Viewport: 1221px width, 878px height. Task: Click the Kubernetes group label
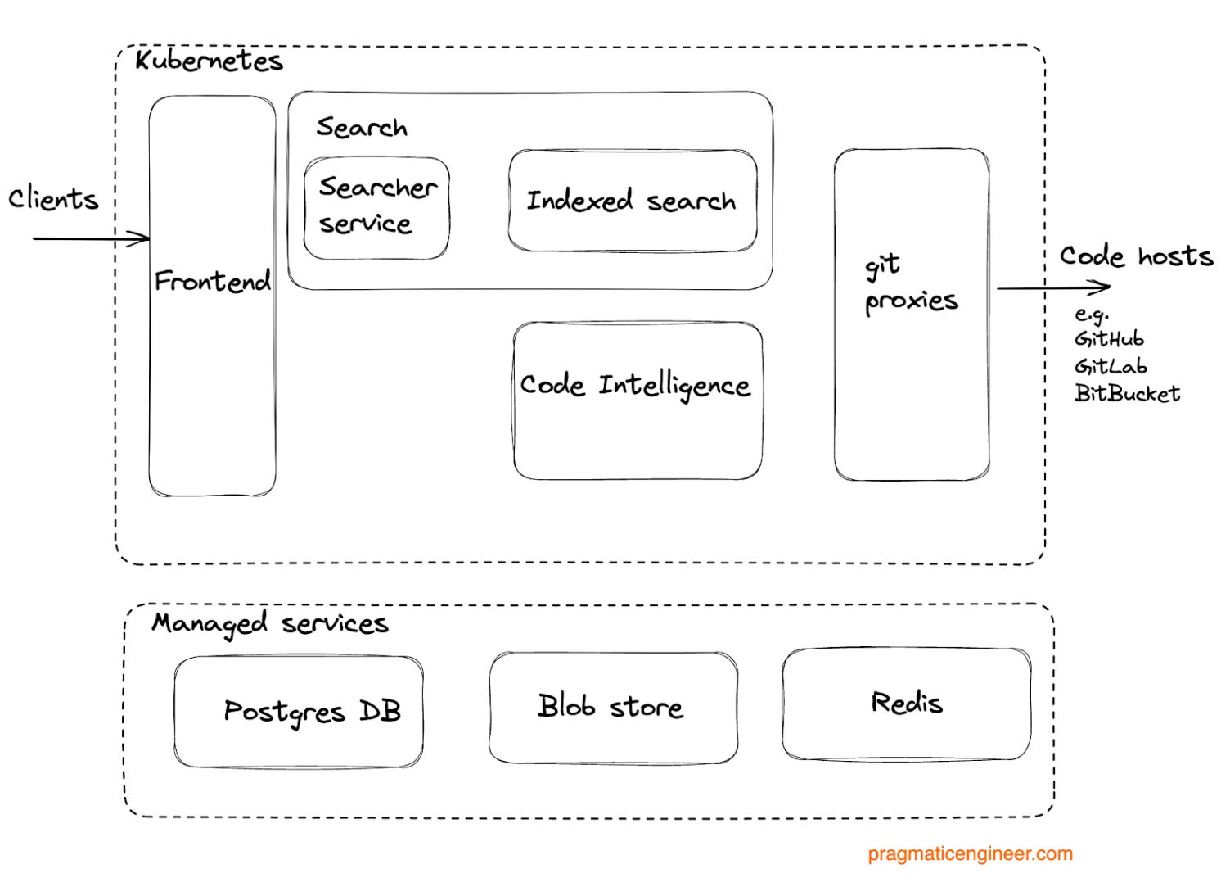tap(209, 61)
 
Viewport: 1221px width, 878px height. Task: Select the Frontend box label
tap(212, 282)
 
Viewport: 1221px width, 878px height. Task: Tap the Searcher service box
tap(376, 207)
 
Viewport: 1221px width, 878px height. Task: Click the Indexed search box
tap(631, 201)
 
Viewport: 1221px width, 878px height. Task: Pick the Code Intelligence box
tap(637, 401)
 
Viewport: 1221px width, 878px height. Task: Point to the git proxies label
tap(910, 284)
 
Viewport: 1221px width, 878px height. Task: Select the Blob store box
tap(612, 707)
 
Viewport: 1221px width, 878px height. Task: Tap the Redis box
tap(906, 704)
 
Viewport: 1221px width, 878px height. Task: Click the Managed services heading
tap(269, 624)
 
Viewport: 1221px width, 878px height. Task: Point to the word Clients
tap(53, 199)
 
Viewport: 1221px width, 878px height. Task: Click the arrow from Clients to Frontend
tap(90, 239)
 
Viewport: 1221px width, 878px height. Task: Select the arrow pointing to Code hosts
tap(1052, 287)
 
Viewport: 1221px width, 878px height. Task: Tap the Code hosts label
tap(1135, 256)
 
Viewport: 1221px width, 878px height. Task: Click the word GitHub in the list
tap(1109, 339)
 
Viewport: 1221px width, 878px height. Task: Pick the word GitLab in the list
tap(1110, 366)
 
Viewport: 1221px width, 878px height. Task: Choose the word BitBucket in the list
tap(1127, 394)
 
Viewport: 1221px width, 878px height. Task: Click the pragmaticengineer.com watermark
tap(970, 853)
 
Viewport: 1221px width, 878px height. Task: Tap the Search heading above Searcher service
tap(361, 128)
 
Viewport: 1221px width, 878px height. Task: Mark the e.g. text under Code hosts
tap(1091, 315)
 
